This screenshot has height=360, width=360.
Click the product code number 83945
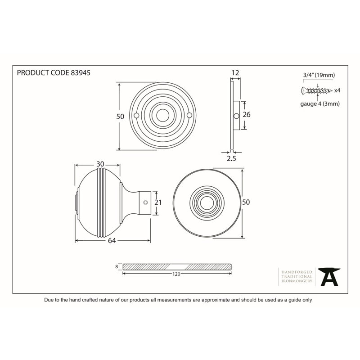(x=81, y=73)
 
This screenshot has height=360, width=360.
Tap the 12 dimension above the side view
(x=235, y=73)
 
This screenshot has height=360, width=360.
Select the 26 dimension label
(x=247, y=114)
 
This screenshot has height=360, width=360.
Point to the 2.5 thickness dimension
(x=231, y=158)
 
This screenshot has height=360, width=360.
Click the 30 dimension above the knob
(x=100, y=164)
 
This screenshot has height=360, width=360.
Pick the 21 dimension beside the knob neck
(x=158, y=202)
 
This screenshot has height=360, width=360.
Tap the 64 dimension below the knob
(x=112, y=241)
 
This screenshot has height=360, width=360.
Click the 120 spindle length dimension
(x=176, y=274)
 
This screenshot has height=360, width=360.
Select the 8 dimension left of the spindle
(x=117, y=266)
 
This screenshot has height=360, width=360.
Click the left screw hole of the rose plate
(x=136, y=116)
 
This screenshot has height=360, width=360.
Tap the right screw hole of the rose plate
(x=189, y=115)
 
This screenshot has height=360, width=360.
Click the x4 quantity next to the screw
(x=337, y=90)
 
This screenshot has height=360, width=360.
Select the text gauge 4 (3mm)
(x=320, y=104)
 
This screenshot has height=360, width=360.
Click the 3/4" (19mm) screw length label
(x=319, y=75)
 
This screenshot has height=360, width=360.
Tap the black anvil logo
(x=329, y=277)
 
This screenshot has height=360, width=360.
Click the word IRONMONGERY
(x=297, y=281)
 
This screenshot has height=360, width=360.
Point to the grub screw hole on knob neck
(x=145, y=202)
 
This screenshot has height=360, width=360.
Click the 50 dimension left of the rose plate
(x=120, y=117)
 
